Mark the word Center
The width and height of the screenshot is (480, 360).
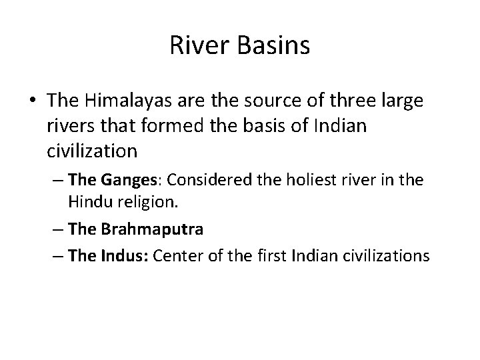click(175, 255)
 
